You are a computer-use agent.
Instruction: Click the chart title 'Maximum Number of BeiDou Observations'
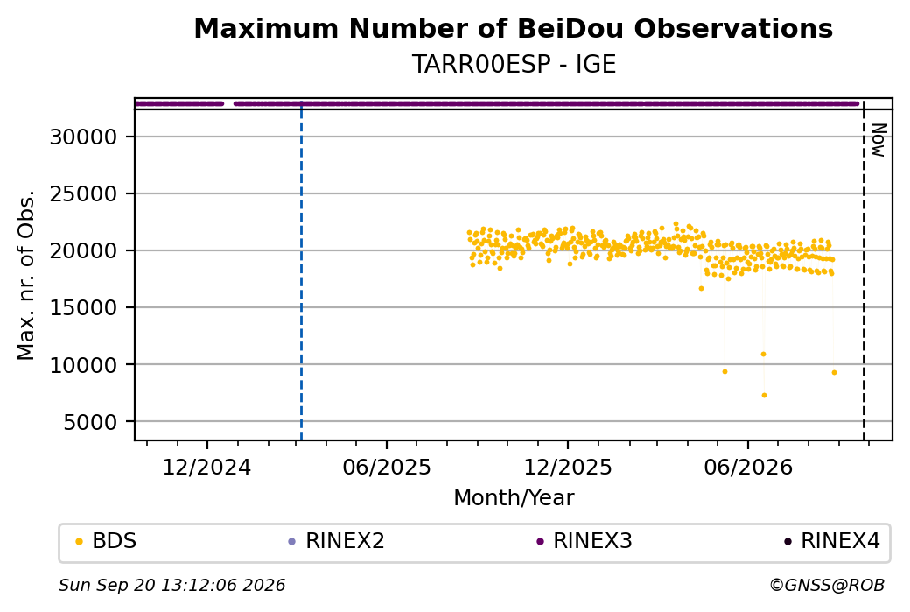pyautogui.click(x=513, y=29)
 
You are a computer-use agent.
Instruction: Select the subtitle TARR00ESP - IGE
pyautogui.click(x=514, y=64)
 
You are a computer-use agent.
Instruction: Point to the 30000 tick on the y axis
pyautogui.click(x=84, y=137)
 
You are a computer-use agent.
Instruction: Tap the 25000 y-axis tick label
pyautogui.click(x=84, y=194)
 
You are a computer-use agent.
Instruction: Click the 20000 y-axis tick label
pyautogui.click(x=84, y=250)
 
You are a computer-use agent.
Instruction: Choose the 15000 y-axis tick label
pyautogui.click(x=84, y=307)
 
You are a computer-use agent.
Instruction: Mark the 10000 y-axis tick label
pyautogui.click(x=84, y=364)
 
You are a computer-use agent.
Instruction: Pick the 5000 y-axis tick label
pyautogui.click(x=90, y=422)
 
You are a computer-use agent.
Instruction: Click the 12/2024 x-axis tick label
pyautogui.click(x=206, y=468)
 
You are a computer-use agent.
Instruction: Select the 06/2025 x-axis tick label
pyautogui.click(x=387, y=468)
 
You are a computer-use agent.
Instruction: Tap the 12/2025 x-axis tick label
pyautogui.click(x=568, y=468)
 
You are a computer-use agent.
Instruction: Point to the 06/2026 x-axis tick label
pyautogui.click(x=748, y=468)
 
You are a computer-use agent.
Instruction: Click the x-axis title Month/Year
pyautogui.click(x=514, y=497)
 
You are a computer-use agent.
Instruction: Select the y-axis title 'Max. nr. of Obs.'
pyautogui.click(x=26, y=275)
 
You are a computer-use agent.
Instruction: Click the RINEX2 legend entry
pyautogui.click(x=337, y=541)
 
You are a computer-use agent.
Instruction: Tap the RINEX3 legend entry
pyautogui.click(x=584, y=541)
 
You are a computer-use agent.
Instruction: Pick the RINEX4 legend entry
pyautogui.click(x=832, y=541)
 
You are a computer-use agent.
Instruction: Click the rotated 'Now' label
pyautogui.click(x=879, y=140)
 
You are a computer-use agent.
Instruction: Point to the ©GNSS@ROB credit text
pyautogui.click(x=827, y=585)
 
